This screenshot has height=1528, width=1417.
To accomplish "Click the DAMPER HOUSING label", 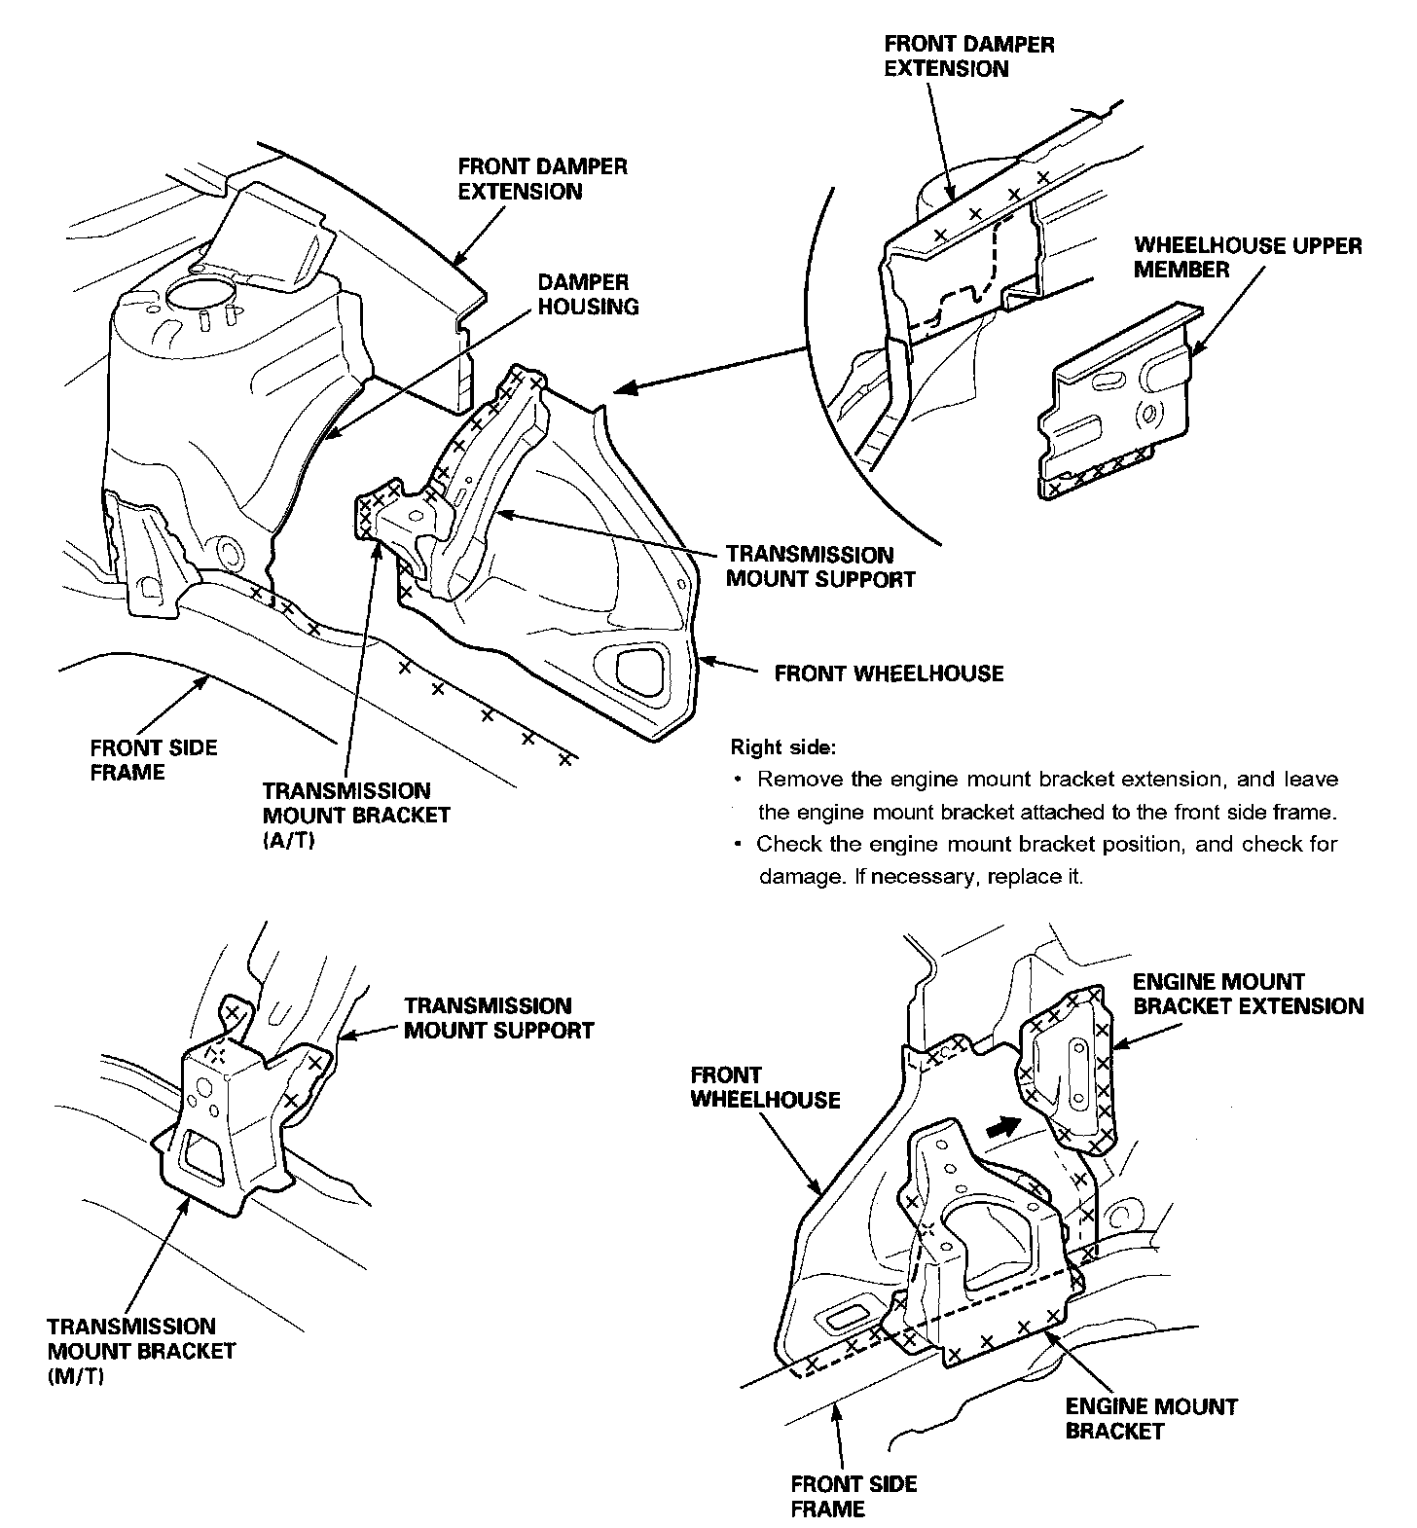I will [588, 294].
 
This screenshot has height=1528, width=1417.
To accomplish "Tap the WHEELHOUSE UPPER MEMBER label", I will [1247, 257].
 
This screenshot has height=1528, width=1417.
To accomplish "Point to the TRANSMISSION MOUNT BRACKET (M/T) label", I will [141, 1351].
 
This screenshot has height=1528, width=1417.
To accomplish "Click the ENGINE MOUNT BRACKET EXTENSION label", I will [1248, 994].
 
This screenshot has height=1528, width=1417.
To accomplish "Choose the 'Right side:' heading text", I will [782, 747].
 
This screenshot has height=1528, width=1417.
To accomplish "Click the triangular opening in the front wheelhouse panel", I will [640, 669].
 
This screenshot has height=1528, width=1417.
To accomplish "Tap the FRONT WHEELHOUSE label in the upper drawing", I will [889, 673].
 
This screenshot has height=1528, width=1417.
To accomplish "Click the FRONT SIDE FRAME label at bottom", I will [854, 1496].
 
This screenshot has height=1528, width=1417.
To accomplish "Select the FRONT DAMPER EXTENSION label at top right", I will [968, 56].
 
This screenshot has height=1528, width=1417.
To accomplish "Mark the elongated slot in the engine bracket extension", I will [1077, 1071].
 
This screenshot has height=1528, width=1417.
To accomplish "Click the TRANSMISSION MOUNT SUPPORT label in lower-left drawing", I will [498, 1018].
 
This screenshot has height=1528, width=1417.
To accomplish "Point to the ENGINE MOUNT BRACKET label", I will [1150, 1418].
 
